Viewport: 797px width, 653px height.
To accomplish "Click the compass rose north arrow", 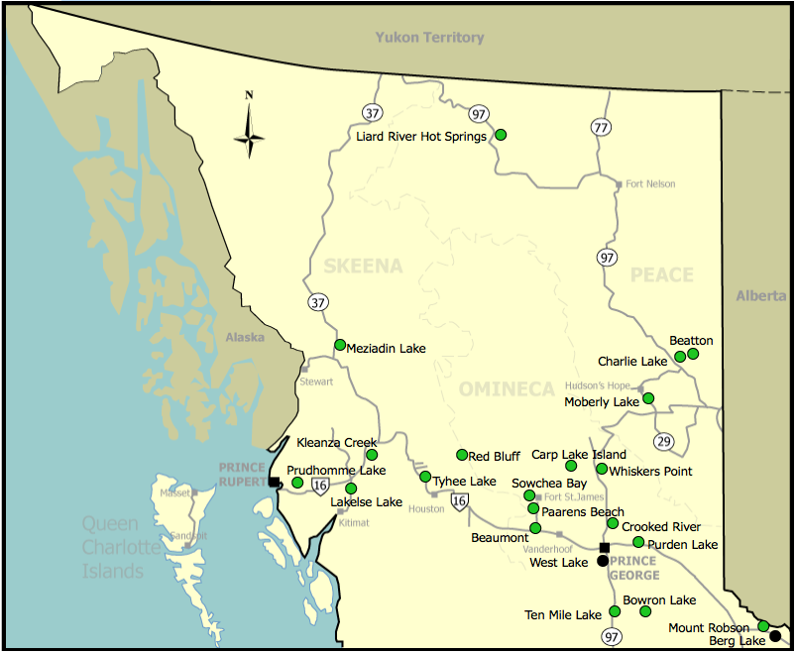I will (249, 127).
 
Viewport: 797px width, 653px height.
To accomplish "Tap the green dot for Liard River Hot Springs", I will (501, 134).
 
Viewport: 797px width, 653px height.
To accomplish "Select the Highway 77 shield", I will (601, 127).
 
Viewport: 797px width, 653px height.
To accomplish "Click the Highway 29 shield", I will (663, 440).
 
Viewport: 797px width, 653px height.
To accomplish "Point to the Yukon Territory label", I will (429, 38).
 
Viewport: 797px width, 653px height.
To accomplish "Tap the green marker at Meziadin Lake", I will (340, 345).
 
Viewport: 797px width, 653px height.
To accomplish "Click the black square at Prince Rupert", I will (274, 482).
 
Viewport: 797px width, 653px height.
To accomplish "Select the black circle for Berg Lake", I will (775, 637).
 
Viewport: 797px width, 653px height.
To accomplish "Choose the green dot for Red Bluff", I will (462, 455).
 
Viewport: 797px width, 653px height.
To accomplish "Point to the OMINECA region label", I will (507, 390).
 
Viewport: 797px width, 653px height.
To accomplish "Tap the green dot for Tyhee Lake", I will (425, 477).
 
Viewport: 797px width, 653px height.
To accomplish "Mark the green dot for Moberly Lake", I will (648, 398).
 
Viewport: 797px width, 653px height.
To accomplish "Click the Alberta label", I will (760, 296).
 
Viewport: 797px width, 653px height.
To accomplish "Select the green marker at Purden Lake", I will (638, 542).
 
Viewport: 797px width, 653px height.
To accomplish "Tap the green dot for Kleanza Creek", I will (372, 455).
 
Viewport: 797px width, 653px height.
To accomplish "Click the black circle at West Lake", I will (602, 561).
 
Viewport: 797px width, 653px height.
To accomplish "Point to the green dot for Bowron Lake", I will (645, 611).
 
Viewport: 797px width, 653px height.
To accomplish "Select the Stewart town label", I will (317, 381).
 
